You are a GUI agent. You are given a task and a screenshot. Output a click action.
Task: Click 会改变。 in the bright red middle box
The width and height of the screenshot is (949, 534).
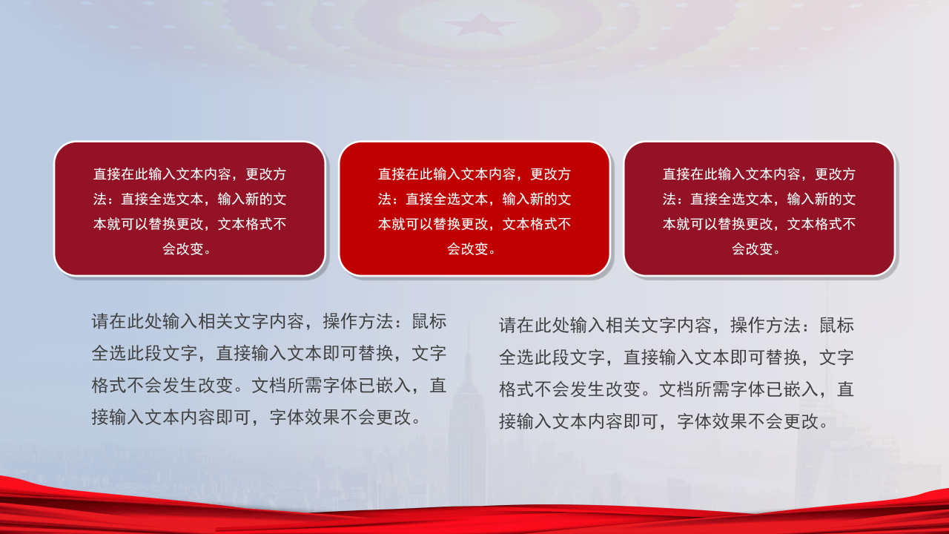click(x=474, y=249)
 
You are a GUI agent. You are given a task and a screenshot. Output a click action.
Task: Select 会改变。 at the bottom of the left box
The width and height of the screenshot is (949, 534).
click(x=190, y=249)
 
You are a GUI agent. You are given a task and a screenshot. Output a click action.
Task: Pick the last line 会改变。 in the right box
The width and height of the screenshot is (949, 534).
click(x=759, y=249)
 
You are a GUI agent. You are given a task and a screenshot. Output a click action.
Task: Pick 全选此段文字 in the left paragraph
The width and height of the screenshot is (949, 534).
click(x=145, y=354)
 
